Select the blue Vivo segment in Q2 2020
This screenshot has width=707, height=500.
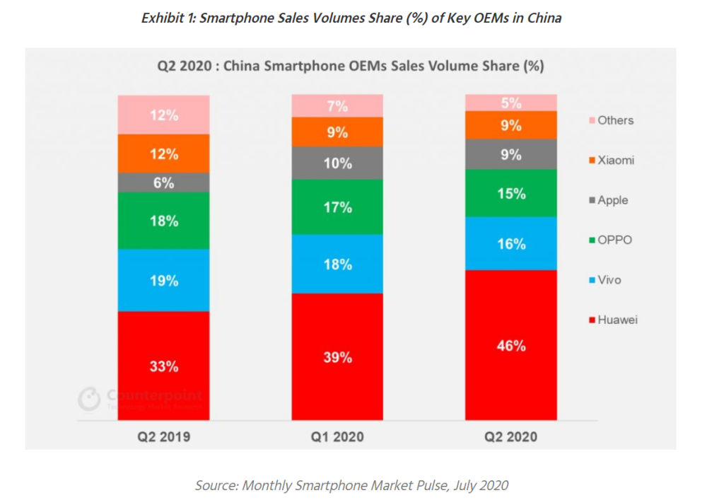tap(510, 243)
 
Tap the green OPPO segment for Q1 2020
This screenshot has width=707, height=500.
tap(337, 207)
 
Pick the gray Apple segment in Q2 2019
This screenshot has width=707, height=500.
tap(163, 182)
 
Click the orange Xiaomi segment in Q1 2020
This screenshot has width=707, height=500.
tap(337, 132)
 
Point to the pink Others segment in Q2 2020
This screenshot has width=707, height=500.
tap(510, 102)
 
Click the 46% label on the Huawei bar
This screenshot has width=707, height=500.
tap(511, 346)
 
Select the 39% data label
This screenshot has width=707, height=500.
tap(338, 357)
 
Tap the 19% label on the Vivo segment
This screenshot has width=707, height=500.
tap(164, 281)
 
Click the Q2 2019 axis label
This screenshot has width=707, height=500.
tap(164, 436)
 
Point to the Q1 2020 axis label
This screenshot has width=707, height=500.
tap(337, 436)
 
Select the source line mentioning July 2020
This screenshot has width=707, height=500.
tap(351, 485)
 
